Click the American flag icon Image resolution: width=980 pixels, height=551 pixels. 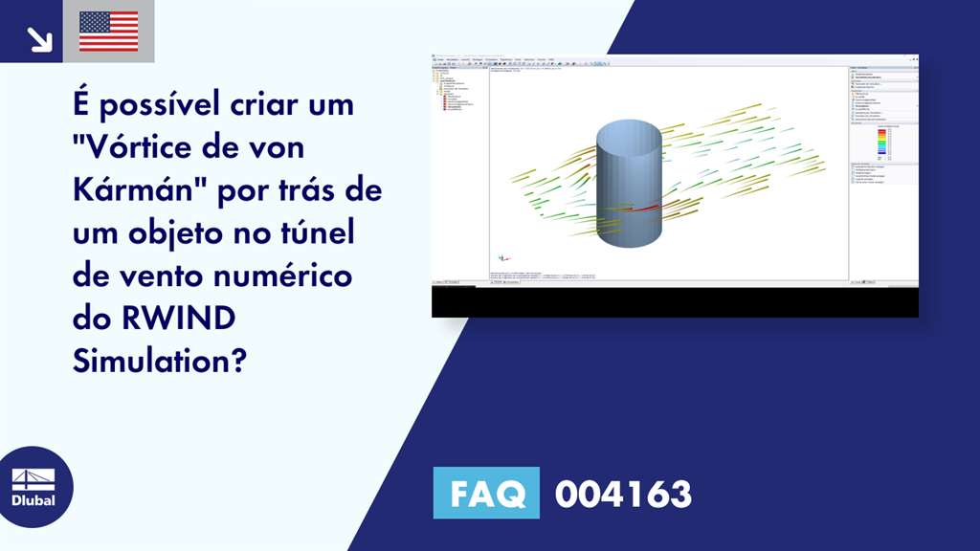click(x=108, y=32)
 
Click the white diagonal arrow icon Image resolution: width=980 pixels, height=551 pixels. click(x=38, y=37)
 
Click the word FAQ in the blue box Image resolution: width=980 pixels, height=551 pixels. click(x=486, y=494)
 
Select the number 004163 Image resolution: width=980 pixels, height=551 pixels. click(x=623, y=494)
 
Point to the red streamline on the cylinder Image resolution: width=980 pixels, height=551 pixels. click(x=643, y=206)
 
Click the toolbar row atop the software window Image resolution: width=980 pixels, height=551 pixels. click(x=574, y=62)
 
